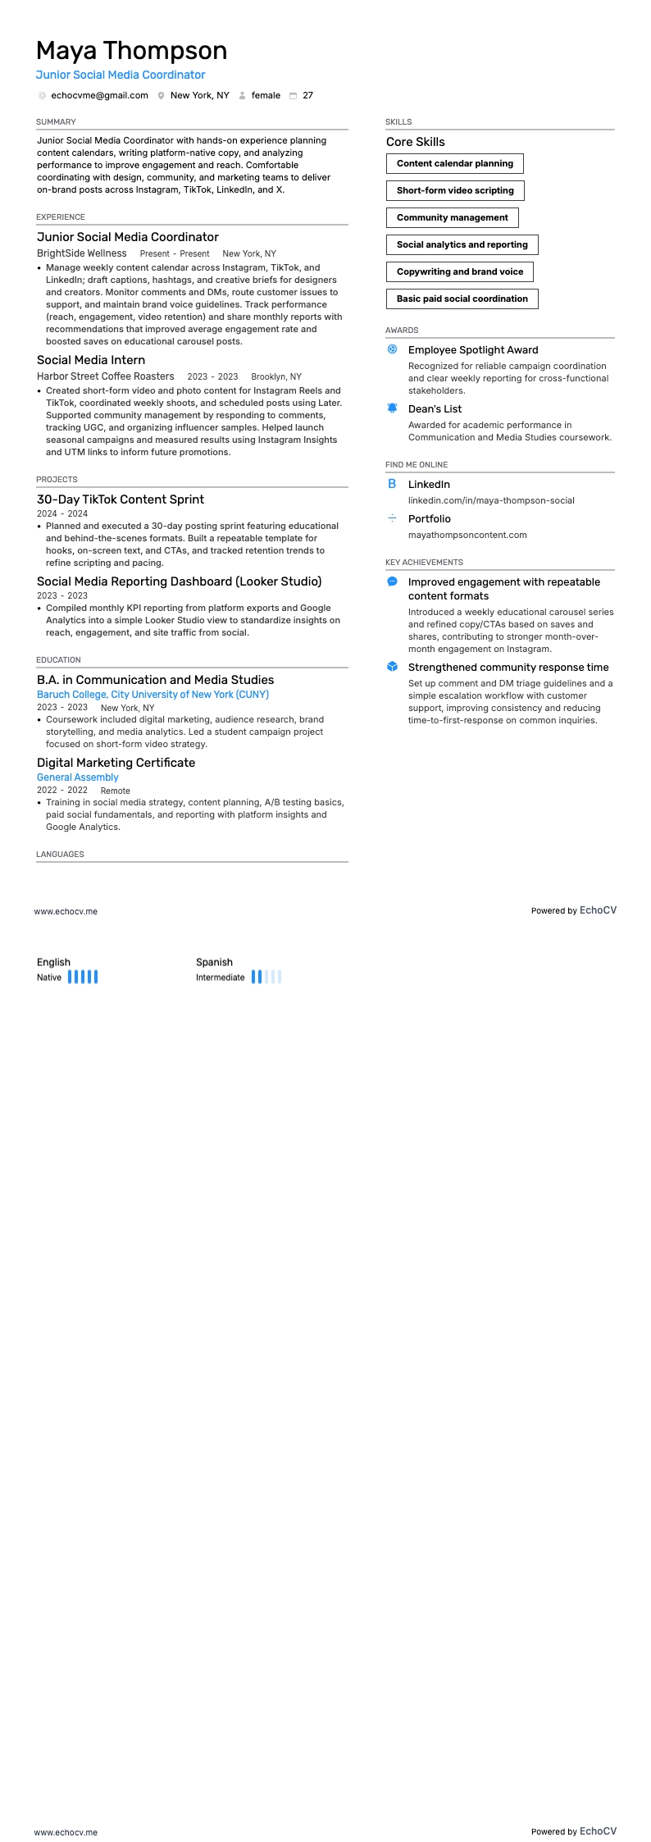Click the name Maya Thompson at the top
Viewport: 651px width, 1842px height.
(x=131, y=51)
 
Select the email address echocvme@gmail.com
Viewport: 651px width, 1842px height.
(x=99, y=96)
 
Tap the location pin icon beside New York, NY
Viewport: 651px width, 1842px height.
(x=162, y=96)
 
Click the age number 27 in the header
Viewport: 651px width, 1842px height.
(x=307, y=96)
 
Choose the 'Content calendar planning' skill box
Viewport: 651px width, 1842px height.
(x=454, y=164)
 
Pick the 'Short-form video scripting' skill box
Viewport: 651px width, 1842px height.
(x=455, y=191)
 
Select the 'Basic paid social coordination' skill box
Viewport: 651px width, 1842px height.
(x=462, y=299)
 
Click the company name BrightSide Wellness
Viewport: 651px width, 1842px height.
(x=82, y=254)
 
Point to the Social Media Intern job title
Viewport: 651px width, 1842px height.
(x=91, y=360)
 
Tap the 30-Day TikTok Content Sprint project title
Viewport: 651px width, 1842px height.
(x=121, y=499)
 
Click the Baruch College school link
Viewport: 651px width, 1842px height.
(x=153, y=695)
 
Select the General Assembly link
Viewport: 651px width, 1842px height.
(x=78, y=777)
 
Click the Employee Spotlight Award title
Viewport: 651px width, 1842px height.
(x=473, y=350)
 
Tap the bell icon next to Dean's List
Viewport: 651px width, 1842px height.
(x=392, y=408)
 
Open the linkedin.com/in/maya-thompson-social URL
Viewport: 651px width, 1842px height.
(x=491, y=501)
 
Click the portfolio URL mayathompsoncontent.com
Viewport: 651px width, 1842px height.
(x=467, y=536)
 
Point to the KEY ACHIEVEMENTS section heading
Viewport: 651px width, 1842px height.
(x=424, y=563)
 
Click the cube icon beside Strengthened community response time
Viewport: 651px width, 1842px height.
(x=392, y=667)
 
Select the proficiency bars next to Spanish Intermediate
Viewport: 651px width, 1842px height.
(x=266, y=977)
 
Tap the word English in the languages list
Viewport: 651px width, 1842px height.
(x=53, y=963)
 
